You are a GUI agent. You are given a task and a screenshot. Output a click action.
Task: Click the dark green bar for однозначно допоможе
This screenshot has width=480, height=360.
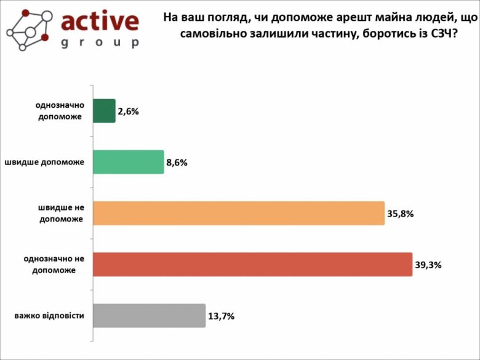104,111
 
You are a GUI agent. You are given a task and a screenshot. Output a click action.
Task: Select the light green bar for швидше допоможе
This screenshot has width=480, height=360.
128,162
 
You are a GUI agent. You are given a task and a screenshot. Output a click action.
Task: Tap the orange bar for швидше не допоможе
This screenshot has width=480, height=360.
238,214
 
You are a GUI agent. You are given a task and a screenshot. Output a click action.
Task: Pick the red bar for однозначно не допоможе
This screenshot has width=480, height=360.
252,264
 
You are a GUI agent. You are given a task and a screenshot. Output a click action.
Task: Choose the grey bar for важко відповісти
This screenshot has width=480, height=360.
148,316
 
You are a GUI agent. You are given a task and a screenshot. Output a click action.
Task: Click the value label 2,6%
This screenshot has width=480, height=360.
129,112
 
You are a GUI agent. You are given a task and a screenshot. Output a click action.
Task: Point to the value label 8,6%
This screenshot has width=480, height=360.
177,163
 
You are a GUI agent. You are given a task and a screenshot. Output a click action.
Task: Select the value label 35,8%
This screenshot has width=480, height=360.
401,214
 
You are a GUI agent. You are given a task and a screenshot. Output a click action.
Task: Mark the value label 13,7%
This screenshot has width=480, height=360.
222,316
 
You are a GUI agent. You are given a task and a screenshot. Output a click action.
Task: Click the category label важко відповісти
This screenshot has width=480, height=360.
49,316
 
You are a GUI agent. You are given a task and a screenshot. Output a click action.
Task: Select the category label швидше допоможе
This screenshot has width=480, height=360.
44,162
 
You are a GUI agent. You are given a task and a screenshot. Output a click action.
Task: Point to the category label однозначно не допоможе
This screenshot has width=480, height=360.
54,264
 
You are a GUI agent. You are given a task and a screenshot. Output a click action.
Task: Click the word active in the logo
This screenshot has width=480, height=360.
100,22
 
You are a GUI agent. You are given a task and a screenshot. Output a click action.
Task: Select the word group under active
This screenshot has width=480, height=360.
100,44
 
